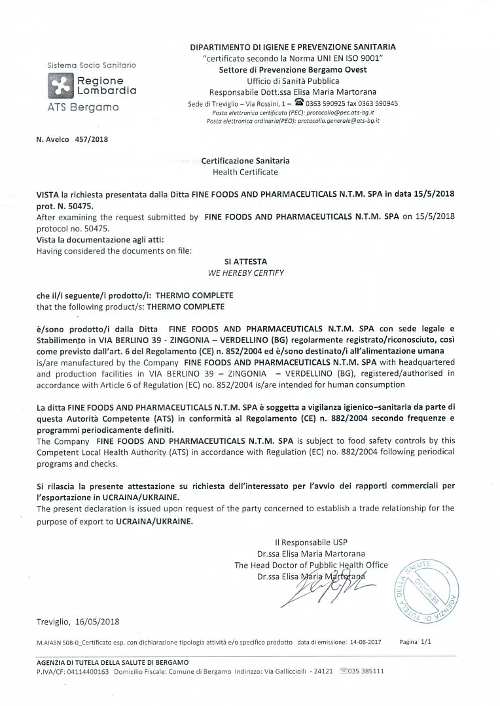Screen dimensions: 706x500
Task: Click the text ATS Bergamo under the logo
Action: coord(83,107)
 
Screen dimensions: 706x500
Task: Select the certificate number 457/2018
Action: coord(92,139)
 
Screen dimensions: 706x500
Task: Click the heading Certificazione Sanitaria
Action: coord(245,161)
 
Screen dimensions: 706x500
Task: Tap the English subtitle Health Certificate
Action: coord(245,172)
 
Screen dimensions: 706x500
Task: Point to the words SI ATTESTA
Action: coord(245,261)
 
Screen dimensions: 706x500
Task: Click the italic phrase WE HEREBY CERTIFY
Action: coord(245,273)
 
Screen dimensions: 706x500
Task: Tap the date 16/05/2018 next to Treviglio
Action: coord(97,622)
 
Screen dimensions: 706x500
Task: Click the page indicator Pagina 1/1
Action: coord(416,642)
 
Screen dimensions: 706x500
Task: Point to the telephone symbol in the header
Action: coord(299,103)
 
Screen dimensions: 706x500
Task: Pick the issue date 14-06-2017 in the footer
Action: coord(368,643)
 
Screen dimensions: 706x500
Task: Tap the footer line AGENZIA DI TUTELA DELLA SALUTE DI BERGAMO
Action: coord(113,663)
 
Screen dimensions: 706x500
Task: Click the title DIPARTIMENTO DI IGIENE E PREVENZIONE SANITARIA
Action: coord(293,47)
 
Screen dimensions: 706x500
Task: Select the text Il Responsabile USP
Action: coord(311,542)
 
